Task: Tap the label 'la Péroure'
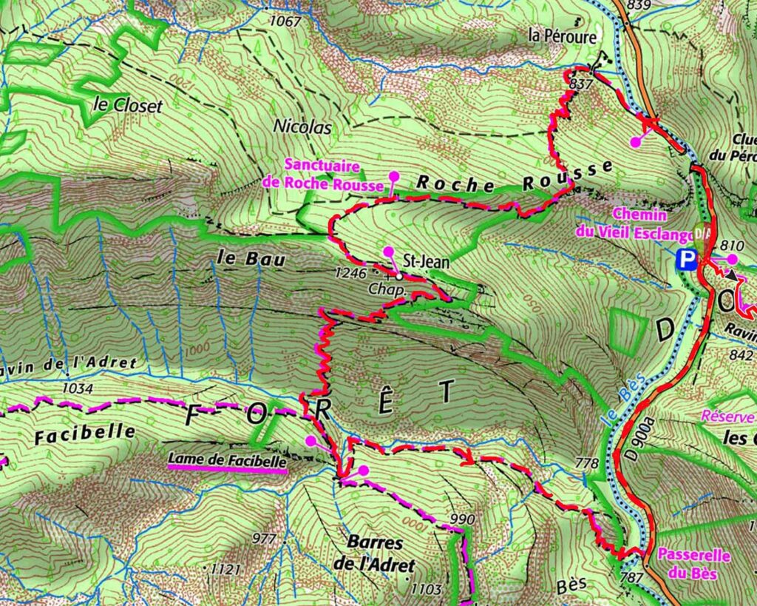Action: (x=563, y=35)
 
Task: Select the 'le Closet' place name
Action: (x=128, y=105)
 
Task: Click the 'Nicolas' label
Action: (x=302, y=127)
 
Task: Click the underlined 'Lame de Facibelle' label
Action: (x=227, y=460)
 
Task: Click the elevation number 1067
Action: (x=285, y=21)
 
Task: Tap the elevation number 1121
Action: (x=225, y=569)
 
